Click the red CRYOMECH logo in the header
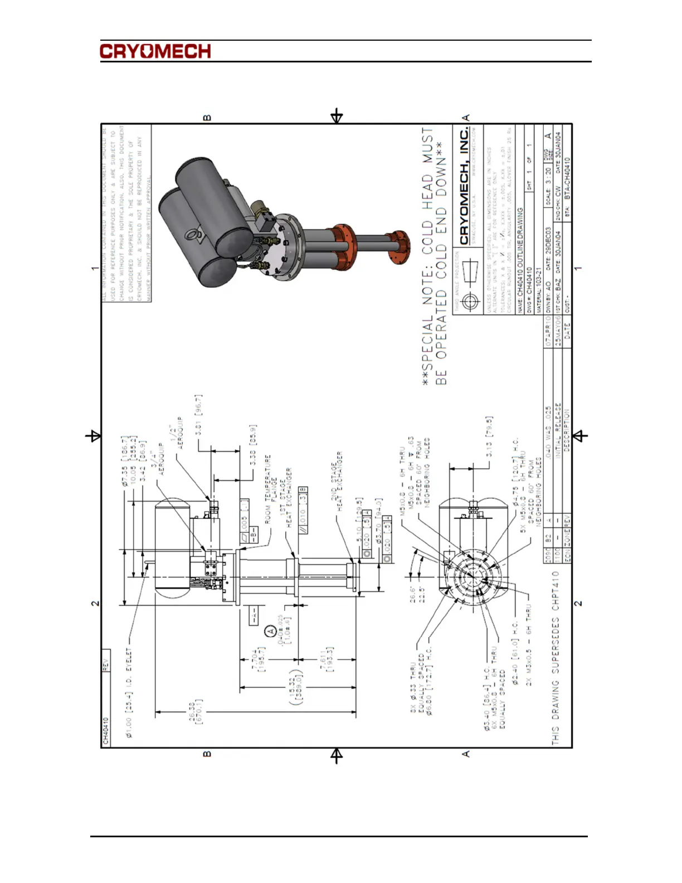[x=155, y=51]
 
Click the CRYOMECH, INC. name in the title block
[x=465, y=186]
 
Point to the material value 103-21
[x=539, y=277]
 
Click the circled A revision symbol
[x=270, y=632]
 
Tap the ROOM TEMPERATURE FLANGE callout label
[x=270, y=489]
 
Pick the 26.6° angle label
[x=413, y=594]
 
